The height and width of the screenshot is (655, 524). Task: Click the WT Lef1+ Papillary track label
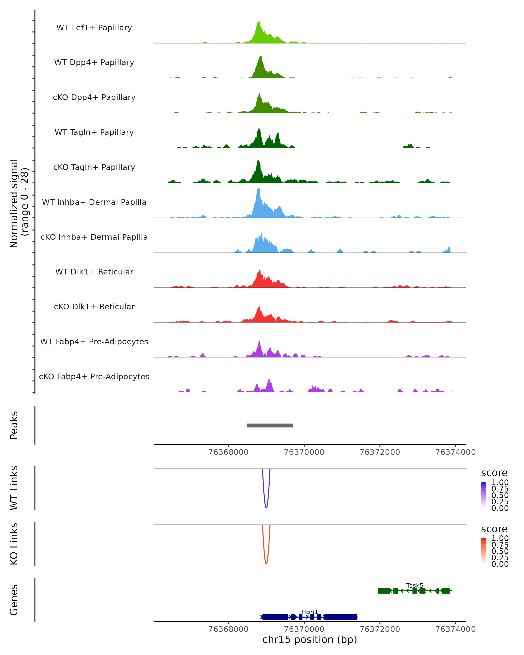(x=94, y=28)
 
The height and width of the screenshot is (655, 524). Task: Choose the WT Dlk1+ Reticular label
(x=94, y=272)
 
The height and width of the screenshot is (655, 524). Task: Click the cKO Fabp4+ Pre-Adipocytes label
(x=94, y=376)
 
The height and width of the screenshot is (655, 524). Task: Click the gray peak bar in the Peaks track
(x=270, y=425)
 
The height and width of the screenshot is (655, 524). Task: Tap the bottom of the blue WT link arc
(x=266, y=507)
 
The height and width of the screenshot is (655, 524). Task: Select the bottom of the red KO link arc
(x=266, y=563)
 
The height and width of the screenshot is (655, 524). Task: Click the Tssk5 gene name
(x=415, y=585)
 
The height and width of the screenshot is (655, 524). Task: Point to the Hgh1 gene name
(x=310, y=612)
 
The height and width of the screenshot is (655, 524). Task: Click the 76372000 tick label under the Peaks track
(x=380, y=452)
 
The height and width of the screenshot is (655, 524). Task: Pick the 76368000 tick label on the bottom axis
(x=228, y=629)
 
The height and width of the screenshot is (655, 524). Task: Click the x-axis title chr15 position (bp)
(x=310, y=639)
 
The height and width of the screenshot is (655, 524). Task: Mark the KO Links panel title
(x=14, y=544)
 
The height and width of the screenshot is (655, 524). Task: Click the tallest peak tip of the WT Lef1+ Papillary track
(x=259, y=21)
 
